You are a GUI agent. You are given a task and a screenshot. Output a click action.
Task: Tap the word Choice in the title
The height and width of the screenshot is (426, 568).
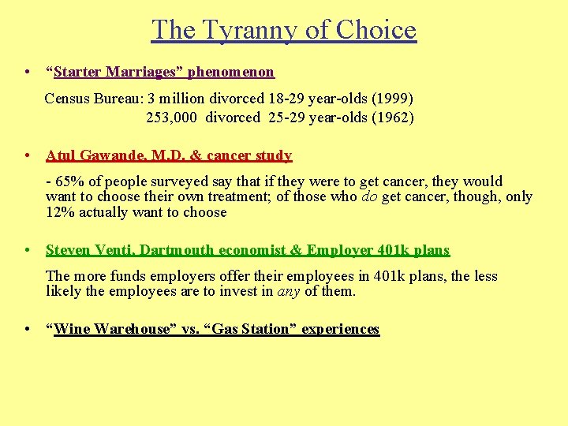coord(376,30)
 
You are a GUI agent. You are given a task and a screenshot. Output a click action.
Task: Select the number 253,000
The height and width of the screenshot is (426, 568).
coord(172,118)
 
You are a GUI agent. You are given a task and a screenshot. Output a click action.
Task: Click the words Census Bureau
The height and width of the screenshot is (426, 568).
coord(93,99)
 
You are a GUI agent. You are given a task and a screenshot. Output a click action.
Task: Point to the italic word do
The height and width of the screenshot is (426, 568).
coord(369,196)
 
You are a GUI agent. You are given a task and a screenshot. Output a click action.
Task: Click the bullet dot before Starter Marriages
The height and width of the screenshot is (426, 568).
coord(28,73)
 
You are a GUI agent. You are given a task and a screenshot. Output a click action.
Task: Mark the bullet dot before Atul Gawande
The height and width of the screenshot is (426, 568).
coord(28,156)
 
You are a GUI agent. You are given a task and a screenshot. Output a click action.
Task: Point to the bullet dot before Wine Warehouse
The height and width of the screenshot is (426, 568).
coord(28,330)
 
